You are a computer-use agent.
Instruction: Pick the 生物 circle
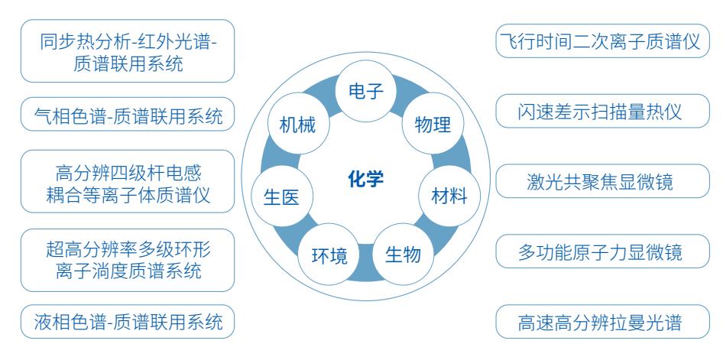402,254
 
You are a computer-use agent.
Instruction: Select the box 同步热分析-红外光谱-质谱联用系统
127,51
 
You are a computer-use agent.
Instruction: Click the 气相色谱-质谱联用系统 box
127,117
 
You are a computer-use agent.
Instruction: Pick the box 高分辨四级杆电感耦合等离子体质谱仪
127,183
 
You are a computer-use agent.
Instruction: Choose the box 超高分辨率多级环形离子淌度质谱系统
127,260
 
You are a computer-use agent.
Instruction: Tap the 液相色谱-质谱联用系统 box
127,323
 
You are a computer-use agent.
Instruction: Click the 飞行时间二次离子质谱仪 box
598,41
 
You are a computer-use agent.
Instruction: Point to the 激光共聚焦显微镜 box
598,182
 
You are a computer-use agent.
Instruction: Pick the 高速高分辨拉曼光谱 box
598,323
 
